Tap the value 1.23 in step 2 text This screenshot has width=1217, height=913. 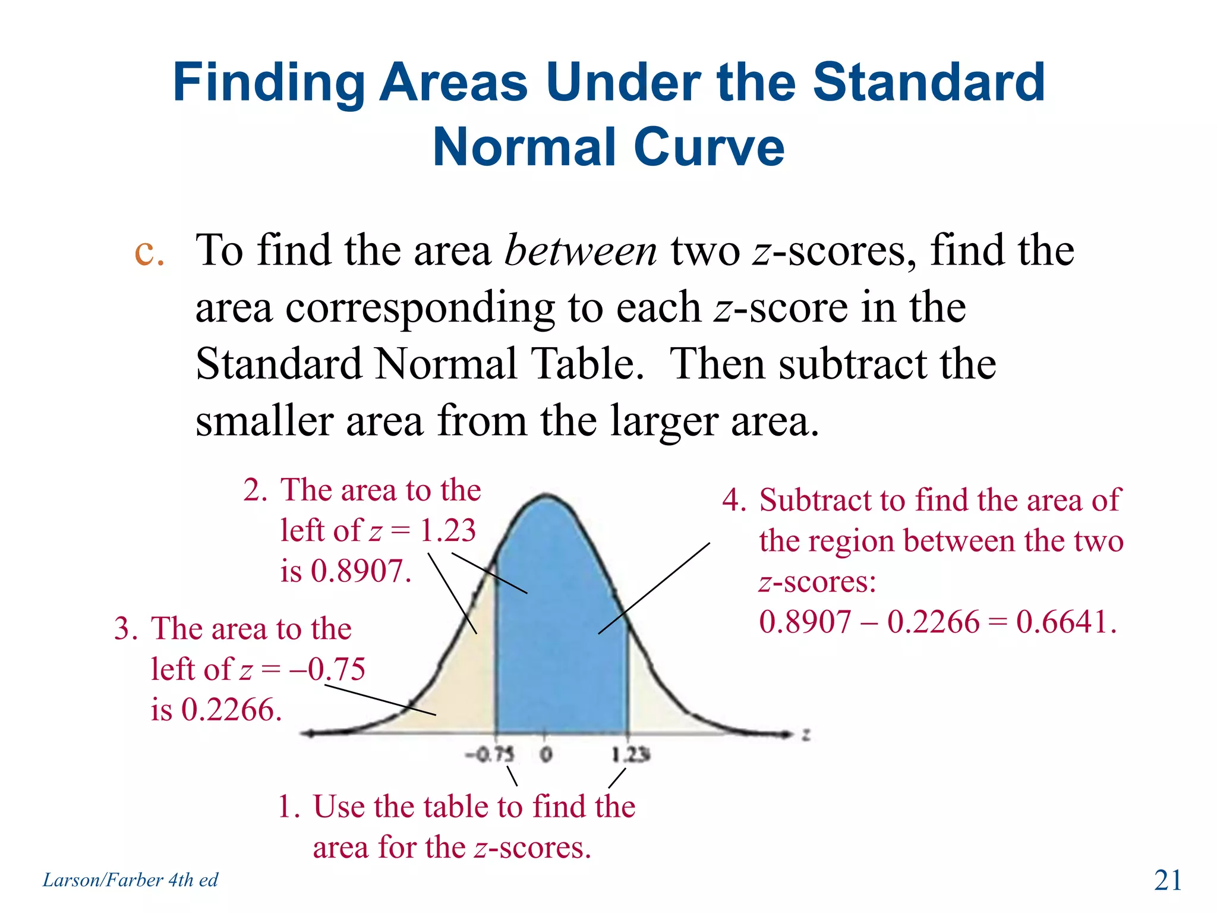click(x=447, y=530)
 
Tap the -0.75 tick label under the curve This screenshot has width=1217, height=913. click(x=490, y=755)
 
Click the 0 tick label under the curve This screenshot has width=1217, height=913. click(x=546, y=755)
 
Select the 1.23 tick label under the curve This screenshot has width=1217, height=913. click(x=631, y=755)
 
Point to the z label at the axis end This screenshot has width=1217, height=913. click(x=806, y=735)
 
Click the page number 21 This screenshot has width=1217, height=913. click(x=1168, y=880)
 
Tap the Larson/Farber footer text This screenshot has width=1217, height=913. click(x=130, y=880)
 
